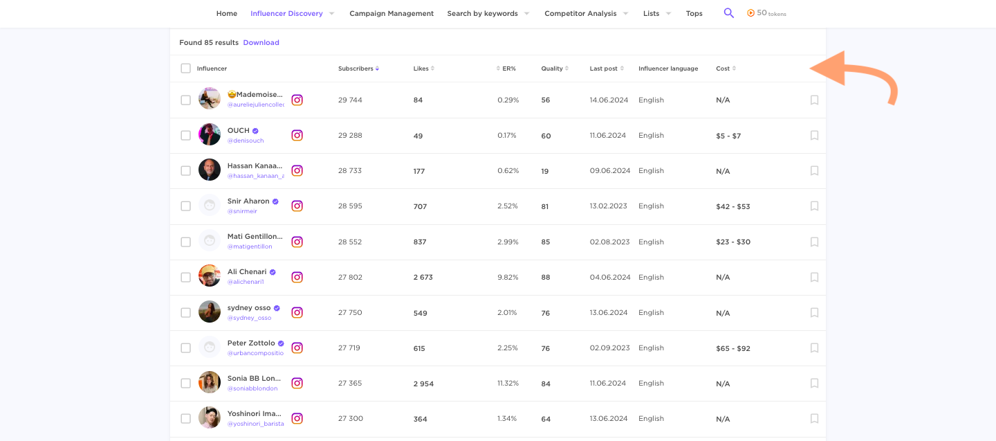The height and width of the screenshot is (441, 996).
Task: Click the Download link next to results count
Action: (261, 42)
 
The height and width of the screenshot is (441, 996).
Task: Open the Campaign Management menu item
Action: (391, 13)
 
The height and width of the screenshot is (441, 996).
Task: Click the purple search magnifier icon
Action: (728, 13)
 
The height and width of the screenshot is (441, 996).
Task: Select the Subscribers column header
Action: (356, 69)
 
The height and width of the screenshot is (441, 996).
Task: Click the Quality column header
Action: (552, 69)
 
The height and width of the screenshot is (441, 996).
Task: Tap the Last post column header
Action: (604, 69)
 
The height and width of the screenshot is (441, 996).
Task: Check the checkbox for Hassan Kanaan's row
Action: (185, 170)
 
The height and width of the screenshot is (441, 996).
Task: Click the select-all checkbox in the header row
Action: (185, 69)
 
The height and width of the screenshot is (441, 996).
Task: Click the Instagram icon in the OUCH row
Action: (297, 135)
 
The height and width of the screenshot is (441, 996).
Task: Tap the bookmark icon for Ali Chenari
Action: (814, 277)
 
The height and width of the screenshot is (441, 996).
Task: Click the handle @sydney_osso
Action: (249, 318)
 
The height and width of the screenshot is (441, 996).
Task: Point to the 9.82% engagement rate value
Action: (508, 277)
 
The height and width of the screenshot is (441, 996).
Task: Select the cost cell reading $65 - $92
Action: (732, 348)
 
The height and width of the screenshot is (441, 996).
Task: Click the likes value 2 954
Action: (423, 384)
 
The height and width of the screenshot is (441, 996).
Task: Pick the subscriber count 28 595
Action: (350, 206)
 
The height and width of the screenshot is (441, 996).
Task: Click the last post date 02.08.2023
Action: (609, 242)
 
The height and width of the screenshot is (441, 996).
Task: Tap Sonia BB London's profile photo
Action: (210, 382)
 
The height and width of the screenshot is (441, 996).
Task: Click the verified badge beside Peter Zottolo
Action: (281, 343)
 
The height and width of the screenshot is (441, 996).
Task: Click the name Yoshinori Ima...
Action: (255, 413)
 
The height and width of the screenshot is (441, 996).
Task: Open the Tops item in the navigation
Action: (694, 13)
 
